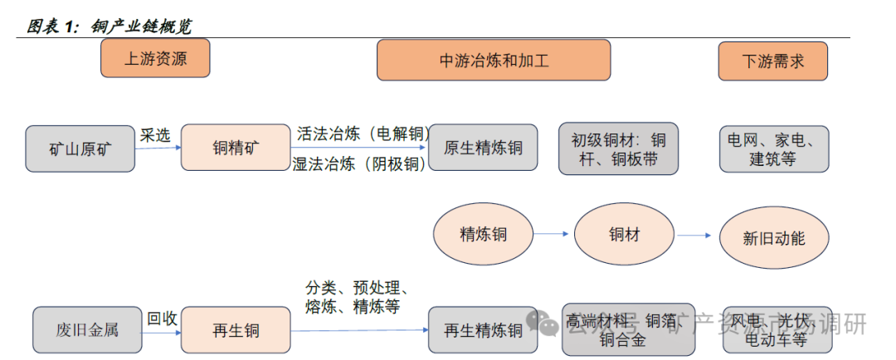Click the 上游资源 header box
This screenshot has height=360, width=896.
(155, 59)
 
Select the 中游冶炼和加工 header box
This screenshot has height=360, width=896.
(494, 61)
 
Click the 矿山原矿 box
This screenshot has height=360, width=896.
(80, 149)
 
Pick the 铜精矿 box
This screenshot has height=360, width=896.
(235, 148)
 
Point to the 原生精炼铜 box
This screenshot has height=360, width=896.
(483, 148)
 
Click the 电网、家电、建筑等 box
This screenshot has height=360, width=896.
(772, 148)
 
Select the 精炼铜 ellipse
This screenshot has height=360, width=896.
(484, 235)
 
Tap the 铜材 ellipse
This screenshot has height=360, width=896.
(625, 235)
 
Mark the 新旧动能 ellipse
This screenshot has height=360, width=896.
(773, 238)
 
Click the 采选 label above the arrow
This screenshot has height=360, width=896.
(155, 134)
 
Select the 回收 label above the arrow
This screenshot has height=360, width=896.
(162, 318)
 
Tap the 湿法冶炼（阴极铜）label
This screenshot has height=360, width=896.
(360, 163)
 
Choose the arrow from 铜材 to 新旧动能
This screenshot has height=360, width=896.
(695, 236)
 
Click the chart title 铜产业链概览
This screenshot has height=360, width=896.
(141, 27)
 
